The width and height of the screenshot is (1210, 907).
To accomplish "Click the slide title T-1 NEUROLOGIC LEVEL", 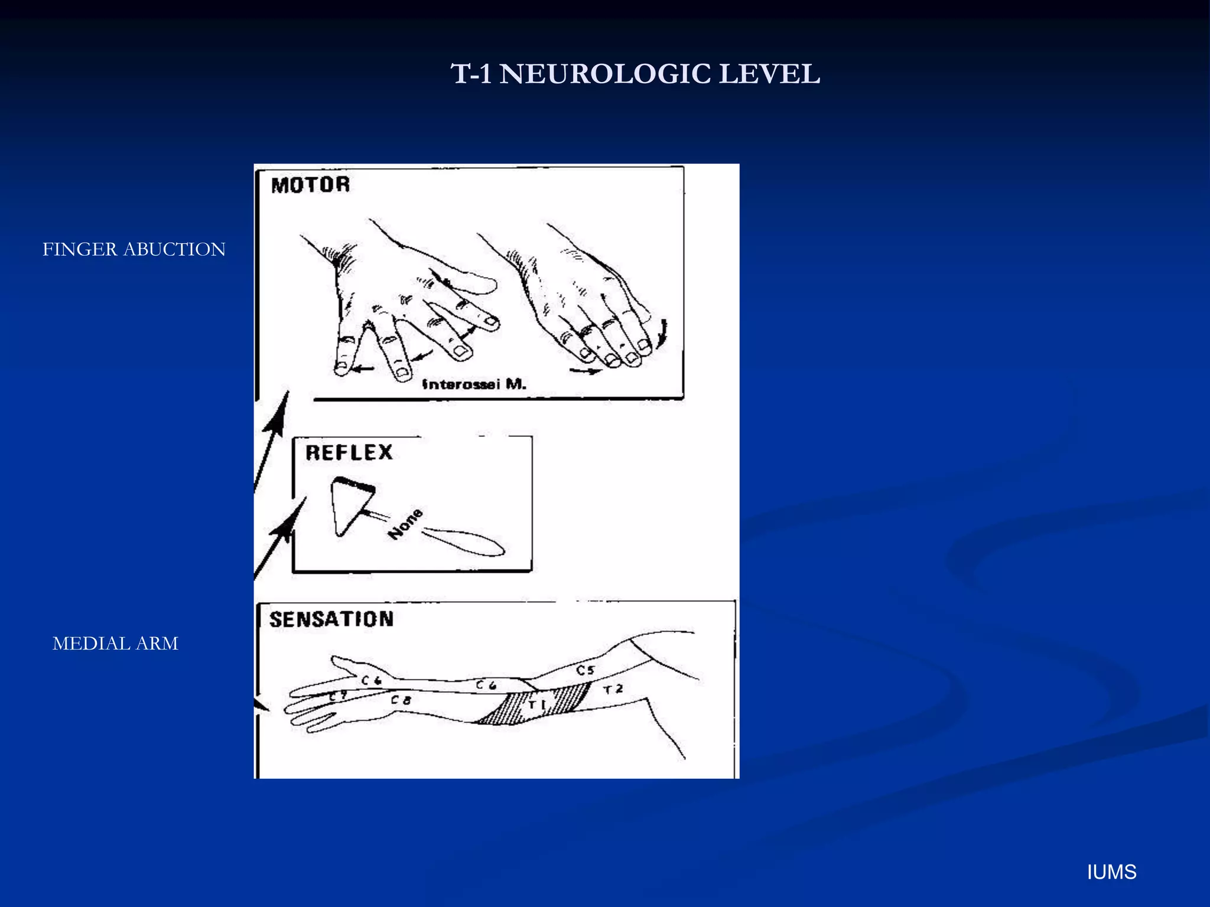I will click(x=635, y=74).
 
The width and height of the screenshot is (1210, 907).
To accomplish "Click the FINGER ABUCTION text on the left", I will click(x=134, y=249).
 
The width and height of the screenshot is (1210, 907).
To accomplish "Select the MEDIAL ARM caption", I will click(x=115, y=643).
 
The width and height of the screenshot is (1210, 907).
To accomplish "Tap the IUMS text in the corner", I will click(x=1111, y=872).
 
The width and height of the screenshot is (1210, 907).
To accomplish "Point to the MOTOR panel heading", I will click(x=311, y=185).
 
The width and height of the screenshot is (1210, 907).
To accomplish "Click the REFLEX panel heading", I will click(x=349, y=453).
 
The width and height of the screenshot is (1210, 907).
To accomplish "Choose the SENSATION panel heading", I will click(x=331, y=619).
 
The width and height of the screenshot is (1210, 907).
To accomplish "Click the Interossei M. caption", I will click(x=474, y=384).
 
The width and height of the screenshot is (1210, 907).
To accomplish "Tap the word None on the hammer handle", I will click(x=405, y=524).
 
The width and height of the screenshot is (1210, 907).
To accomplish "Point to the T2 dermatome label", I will click(x=613, y=689).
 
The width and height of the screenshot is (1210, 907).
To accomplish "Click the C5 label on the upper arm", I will click(x=585, y=670).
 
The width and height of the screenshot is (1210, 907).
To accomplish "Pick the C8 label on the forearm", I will click(x=401, y=700).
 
